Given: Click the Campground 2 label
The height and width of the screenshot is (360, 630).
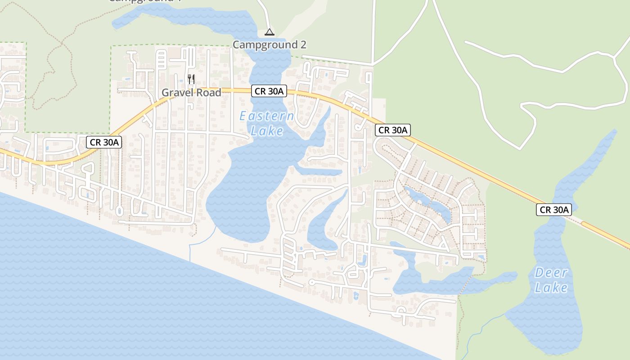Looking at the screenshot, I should [x=269, y=45].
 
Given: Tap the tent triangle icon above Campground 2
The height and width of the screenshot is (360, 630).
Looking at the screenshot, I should [x=269, y=32].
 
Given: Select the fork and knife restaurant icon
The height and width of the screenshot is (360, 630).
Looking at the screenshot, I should [x=191, y=80].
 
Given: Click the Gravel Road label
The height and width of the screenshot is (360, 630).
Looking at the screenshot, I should [x=191, y=93].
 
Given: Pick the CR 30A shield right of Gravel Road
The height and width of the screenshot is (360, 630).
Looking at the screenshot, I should [x=269, y=91].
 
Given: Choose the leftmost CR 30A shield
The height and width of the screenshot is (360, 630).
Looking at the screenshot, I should [x=104, y=142].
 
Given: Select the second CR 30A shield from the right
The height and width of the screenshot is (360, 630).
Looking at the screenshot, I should [x=393, y=130].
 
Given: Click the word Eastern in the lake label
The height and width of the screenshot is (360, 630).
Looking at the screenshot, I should [x=266, y=116].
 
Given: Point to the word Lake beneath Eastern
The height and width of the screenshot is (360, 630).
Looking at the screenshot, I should [x=267, y=131].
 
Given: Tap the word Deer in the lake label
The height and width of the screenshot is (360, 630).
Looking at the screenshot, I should [x=551, y=273].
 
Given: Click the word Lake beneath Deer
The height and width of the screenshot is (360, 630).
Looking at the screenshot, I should [x=551, y=288].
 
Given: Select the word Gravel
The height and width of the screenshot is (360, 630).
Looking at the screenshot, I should [x=176, y=93].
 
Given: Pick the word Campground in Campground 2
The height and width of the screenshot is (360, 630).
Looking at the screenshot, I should [x=265, y=45].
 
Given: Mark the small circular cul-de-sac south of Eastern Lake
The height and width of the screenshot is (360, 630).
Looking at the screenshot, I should [x=311, y=282].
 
